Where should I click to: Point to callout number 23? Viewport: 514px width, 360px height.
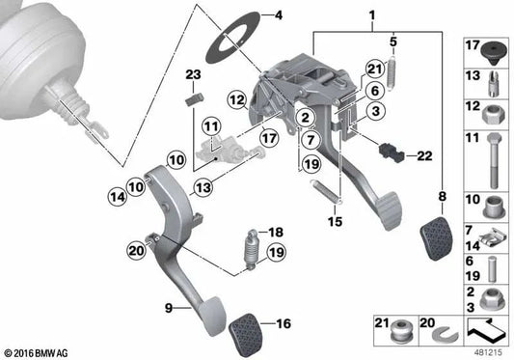click(x=192, y=76)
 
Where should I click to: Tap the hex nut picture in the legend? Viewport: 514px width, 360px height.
click(x=490, y=111)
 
